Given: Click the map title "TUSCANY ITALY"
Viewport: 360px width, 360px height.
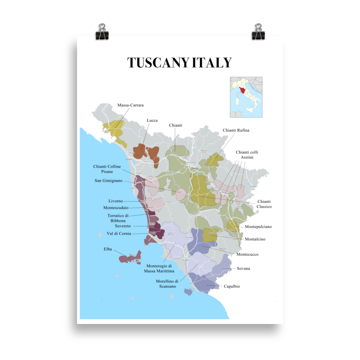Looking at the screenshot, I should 179,63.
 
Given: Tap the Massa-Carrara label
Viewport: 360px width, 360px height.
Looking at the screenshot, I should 130,105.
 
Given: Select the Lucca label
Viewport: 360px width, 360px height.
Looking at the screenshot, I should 152,120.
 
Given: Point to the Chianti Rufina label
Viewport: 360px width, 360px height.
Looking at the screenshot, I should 236,130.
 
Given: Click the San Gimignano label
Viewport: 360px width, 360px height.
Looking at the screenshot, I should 108,180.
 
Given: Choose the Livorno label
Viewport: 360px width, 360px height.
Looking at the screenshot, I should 116,201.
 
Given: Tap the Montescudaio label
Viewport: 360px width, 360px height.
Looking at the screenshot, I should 116,208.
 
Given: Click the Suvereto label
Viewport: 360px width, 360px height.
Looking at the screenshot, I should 123,226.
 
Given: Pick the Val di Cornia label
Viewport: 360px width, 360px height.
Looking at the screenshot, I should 119,234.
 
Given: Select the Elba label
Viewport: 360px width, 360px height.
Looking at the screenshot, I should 108,249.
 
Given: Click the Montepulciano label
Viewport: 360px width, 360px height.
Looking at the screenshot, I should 258,227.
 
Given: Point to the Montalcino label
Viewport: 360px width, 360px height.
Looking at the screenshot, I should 255,239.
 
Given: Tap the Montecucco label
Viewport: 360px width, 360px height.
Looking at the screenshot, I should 247,255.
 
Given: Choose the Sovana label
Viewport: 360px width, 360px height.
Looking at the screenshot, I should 243,269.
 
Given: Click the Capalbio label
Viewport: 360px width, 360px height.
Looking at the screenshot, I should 231,287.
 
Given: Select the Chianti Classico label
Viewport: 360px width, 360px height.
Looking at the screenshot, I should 264,204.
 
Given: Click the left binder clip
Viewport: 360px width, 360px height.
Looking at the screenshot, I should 102,31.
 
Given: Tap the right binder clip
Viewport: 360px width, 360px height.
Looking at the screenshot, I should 258,31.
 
